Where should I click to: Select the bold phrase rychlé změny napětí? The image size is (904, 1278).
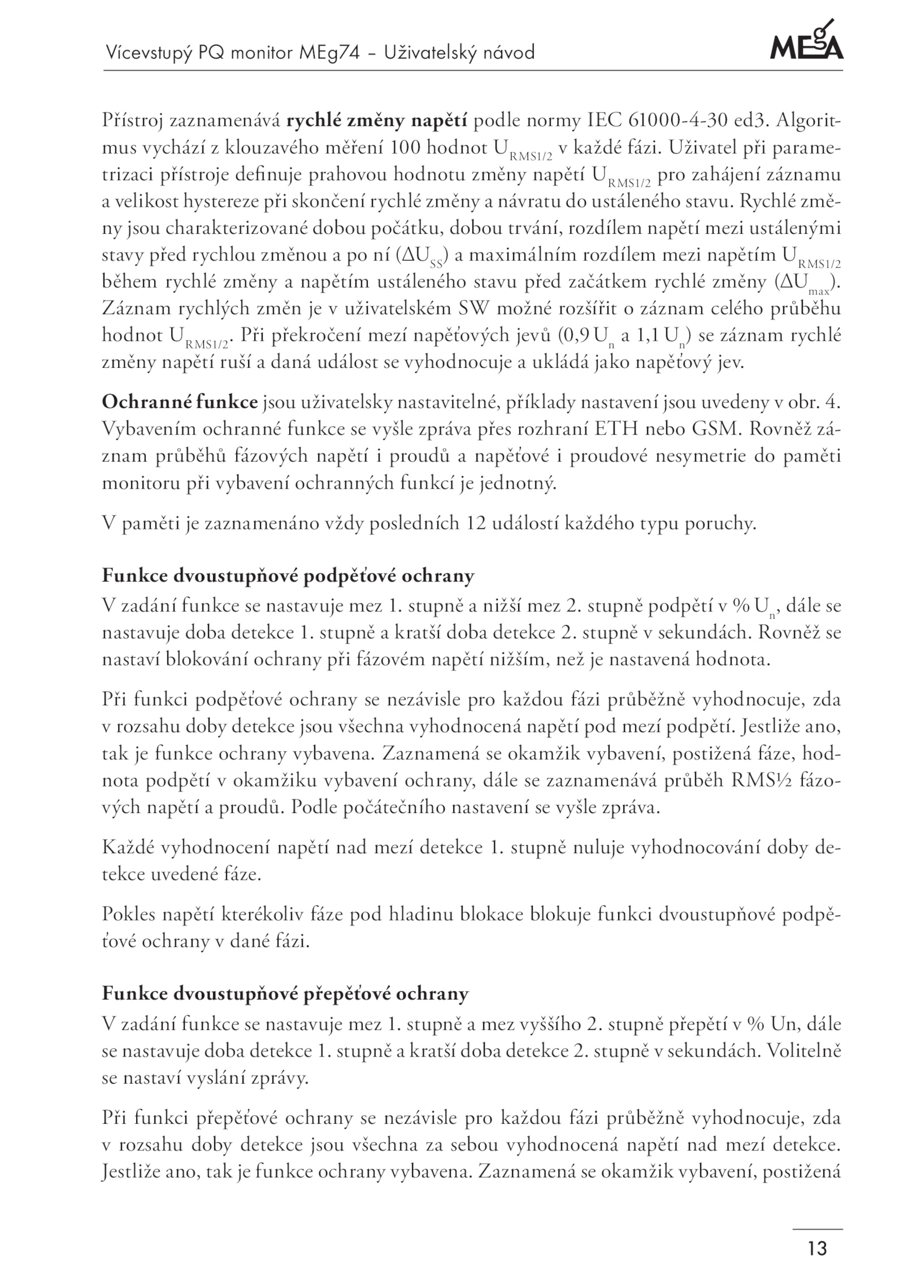point(377,121)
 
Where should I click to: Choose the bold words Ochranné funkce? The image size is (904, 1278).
point(180,403)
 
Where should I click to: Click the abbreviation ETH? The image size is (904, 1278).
point(619,429)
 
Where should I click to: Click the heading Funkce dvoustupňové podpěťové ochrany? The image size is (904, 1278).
point(288,576)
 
